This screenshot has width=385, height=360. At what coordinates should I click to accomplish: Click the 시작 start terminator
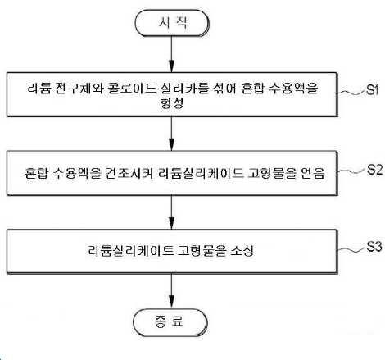pos(172,23)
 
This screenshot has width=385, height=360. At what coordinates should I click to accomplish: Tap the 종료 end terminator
pos(170,322)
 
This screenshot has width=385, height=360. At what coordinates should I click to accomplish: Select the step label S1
pos(373,89)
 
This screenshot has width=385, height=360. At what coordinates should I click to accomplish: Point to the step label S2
pos(374,170)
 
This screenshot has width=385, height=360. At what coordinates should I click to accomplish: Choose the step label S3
pos(374,247)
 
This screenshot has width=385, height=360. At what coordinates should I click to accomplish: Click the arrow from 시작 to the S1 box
pos(172,54)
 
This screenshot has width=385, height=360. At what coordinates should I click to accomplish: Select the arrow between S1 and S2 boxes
pos(172,134)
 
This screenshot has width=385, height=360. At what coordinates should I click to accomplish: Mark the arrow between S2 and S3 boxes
pos(172,212)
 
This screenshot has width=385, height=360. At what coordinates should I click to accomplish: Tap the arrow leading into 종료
pos(172,291)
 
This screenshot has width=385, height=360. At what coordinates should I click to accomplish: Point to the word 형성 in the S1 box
pos(172,103)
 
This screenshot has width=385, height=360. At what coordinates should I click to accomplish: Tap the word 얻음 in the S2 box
pos(313,173)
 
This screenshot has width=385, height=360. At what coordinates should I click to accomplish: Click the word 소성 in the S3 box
pos(242,251)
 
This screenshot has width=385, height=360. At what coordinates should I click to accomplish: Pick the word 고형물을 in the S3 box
pos(202,251)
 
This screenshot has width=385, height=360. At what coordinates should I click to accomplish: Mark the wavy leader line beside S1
pos(351,93)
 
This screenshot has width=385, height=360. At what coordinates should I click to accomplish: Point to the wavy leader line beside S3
pos(351,249)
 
